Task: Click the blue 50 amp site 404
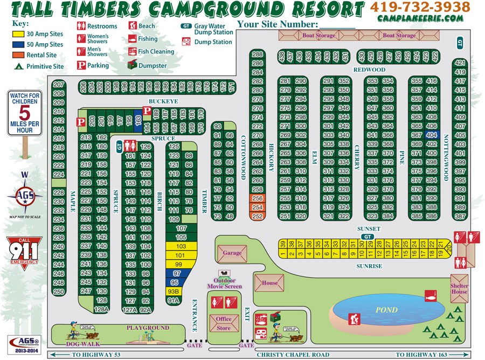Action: coord(432,135)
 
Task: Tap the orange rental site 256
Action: coord(258,198)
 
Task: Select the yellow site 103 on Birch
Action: coord(180,246)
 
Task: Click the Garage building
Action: coord(232,252)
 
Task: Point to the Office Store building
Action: coord(223,323)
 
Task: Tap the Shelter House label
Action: coord(459,289)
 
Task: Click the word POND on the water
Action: coord(386,310)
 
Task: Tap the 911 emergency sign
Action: coord(23,252)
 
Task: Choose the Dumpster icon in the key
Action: coord(133,65)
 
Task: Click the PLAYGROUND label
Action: coord(148,328)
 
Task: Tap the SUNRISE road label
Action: coord(369,266)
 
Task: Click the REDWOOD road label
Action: coord(369,70)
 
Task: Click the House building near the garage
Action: coord(270,283)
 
